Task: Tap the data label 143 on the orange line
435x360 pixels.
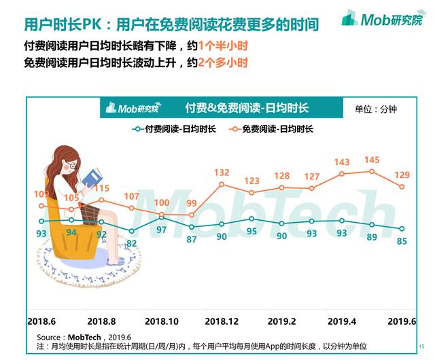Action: [x=342, y=162]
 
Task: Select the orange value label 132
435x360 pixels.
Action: [x=222, y=173]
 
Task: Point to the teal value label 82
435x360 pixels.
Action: [x=131, y=242]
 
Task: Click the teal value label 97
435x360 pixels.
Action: [x=161, y=229]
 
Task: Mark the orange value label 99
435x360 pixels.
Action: [x=192, y=203]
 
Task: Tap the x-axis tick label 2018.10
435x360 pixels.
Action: [x=162, y=321]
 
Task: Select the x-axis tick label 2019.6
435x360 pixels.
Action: [x=400, y=321]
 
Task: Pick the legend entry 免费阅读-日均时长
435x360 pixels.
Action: [x=272, y=128]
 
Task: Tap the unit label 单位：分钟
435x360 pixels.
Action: [x=375, y=109]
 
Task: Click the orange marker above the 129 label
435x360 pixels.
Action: [x=402, y=187]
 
